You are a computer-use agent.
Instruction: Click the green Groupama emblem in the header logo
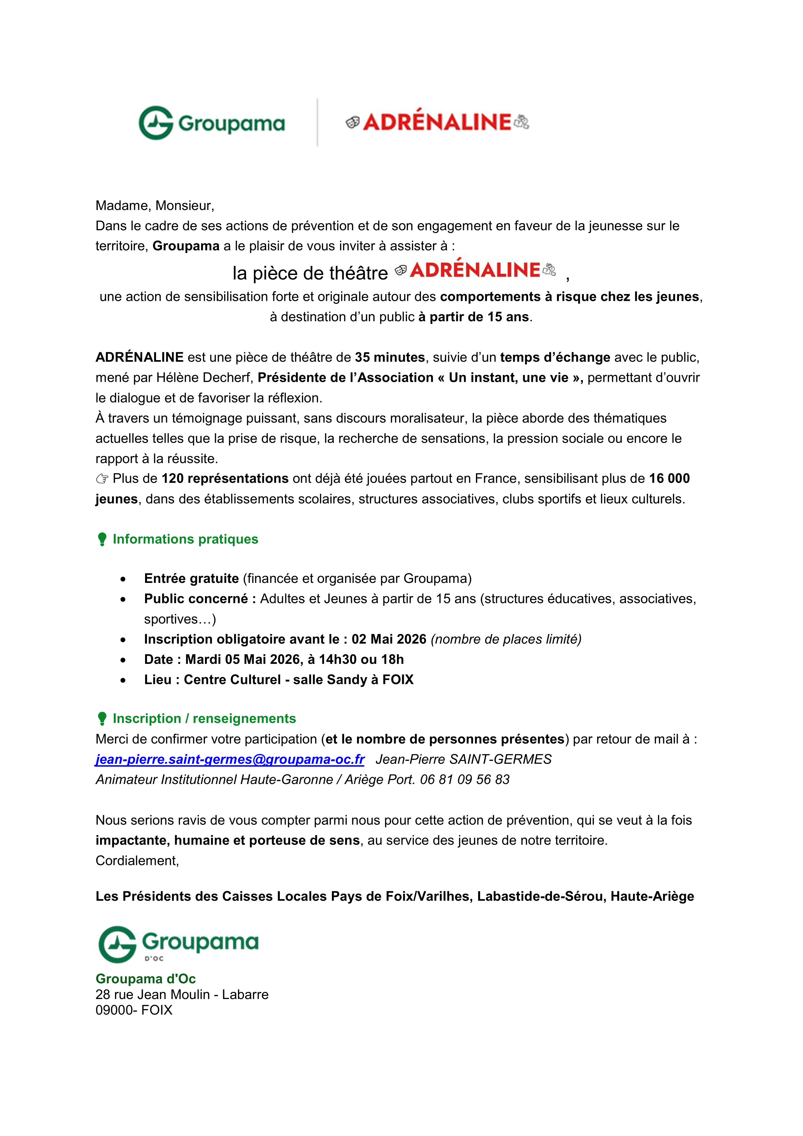[156, 123]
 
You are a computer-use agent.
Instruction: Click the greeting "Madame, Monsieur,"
[155, 205]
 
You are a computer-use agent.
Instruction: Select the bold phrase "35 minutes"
[390, 357]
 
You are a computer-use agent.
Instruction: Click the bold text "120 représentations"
[225, 478]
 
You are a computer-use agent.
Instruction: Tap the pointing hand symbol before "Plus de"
[102, 479]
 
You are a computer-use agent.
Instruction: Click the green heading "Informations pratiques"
[186, 539]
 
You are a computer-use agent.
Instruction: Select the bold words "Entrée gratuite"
[191, 578]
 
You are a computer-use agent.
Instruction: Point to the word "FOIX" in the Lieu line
[398, 680]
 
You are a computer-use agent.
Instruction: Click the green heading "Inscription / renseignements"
[204, 718]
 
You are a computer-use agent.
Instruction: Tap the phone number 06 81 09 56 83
[465, 780]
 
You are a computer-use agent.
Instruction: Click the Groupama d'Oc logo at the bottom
[178, 945]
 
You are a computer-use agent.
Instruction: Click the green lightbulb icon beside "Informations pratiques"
[102, 539]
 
